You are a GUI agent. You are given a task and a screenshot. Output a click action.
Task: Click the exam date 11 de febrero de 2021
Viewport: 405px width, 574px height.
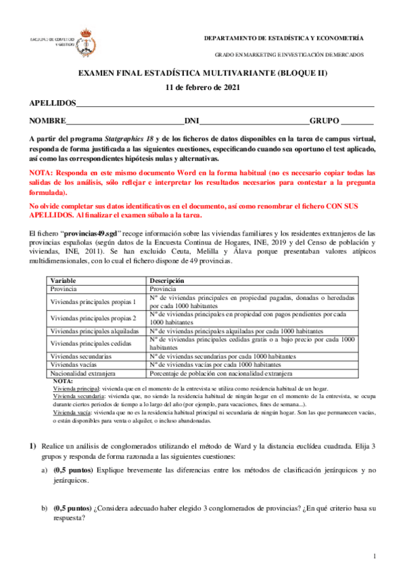click(202, 87)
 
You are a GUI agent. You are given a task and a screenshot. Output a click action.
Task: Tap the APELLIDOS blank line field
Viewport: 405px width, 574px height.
click(225, 105)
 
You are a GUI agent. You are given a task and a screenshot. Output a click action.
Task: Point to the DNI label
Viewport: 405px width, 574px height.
click(192, 121)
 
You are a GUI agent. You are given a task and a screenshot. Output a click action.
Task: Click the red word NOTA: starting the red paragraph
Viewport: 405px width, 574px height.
click(41, 173)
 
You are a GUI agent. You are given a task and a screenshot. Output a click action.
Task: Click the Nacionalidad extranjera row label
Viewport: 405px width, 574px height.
click(83, 372)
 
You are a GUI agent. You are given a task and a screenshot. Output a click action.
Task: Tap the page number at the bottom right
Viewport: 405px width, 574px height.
click(374, 556)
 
